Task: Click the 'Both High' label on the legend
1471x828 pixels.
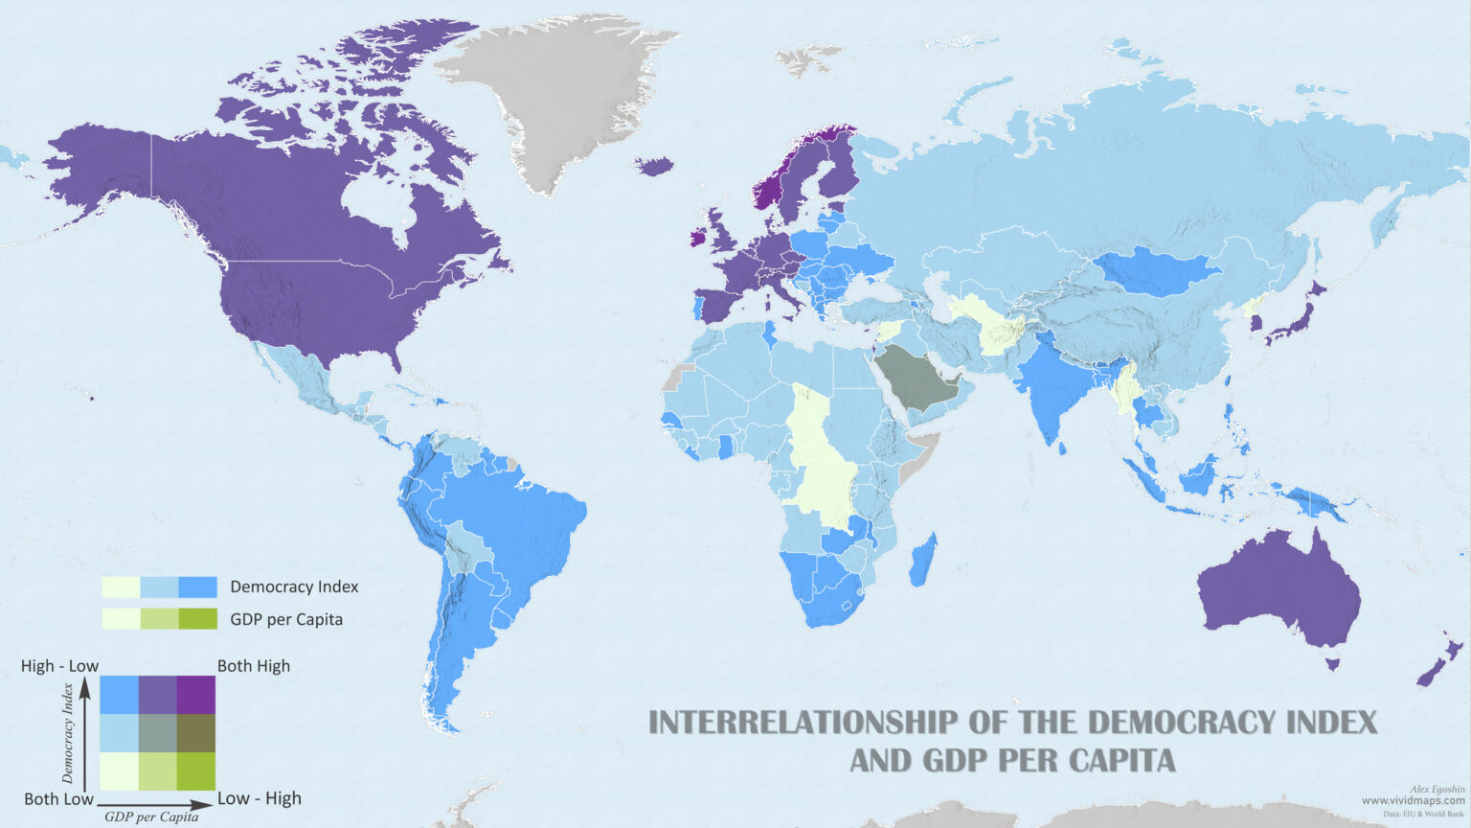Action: [x=253, y=666]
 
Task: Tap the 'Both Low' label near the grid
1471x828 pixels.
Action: [x=58, y=798]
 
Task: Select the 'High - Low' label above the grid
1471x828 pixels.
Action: [x=59, y=666]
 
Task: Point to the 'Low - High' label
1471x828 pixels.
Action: [x=259, y=798]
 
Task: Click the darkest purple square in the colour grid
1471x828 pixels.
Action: [x=196, y=695]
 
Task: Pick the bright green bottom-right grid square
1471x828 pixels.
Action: [x=196, y=771]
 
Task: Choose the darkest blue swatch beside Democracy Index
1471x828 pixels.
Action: [x=197, y=586]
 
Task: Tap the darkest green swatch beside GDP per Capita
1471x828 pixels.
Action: [x=197, y=619]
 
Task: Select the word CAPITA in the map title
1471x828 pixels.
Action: [x=1118, y=761]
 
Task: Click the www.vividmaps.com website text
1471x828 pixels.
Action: [x=1413, y=800]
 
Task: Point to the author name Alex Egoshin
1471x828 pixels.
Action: [x=1437, y=789]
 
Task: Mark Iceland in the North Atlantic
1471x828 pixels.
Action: [x=654, y=167]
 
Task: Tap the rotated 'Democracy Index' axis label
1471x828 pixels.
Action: [x=68, y=733]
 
